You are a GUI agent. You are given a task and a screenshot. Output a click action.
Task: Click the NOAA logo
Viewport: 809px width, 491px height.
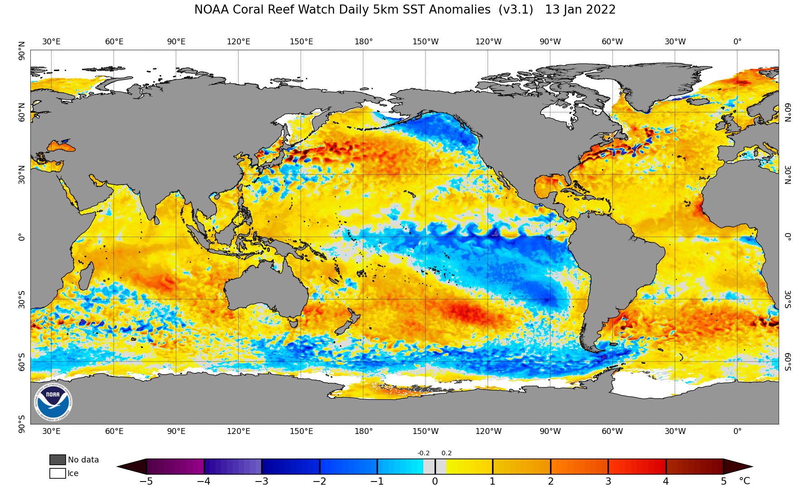[53, 401]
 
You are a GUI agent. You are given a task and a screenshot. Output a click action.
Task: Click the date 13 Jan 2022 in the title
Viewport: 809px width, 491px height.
[580, 10]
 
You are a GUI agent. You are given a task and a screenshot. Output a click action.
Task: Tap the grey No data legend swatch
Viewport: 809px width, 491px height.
[57, 460]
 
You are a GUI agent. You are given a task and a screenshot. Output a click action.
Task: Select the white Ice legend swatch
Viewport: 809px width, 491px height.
[57, 473]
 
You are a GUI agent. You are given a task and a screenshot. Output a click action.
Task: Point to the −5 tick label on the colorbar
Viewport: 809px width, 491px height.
[146, 481]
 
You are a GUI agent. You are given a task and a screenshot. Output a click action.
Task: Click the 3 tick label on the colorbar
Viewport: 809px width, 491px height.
[608, 481]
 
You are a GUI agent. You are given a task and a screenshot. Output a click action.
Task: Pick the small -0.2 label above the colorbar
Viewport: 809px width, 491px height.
[423, 453]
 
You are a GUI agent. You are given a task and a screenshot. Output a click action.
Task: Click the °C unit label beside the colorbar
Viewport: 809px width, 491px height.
[744, 481]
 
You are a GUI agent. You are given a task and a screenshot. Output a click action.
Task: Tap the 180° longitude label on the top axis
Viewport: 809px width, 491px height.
[364, 42]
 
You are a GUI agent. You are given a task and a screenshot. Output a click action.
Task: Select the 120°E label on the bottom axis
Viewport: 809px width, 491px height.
[239, 431]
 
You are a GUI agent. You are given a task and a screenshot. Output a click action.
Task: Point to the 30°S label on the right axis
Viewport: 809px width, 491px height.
[788, 299]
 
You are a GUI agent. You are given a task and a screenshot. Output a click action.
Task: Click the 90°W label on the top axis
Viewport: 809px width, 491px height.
[550, 42]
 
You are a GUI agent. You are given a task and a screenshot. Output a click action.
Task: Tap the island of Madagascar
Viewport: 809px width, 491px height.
[86, 276]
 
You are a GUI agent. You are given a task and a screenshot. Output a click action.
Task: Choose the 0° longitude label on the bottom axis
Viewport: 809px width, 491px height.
[737, 431]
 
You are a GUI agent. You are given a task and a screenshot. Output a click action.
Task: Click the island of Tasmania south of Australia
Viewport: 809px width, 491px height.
[294, 323]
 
